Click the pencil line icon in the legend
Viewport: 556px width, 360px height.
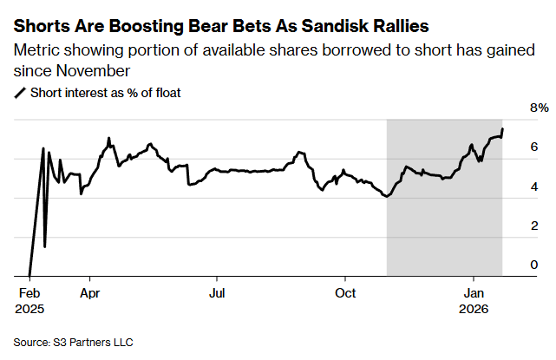tap(21, 92)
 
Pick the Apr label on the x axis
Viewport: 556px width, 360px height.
tap(89, 292)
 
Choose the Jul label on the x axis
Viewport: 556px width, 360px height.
tap(218, 292)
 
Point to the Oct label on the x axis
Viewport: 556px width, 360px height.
tap(346, 292)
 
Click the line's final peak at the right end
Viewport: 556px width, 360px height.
tap(503, 129)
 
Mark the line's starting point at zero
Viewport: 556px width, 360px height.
tap(29, 276)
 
